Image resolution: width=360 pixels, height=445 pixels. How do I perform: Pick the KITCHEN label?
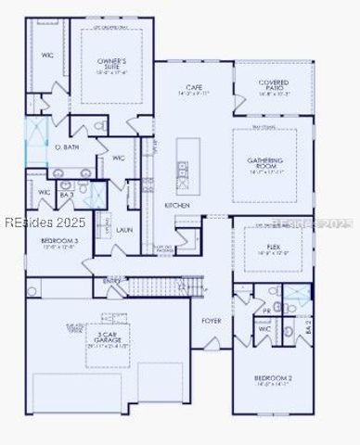[177, 204]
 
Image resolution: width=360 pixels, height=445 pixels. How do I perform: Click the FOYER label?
[212, 321]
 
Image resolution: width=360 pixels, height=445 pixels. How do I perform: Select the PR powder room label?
[267, 311]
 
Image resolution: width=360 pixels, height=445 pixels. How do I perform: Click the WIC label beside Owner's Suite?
[46, 56]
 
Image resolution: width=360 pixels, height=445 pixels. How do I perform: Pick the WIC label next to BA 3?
[44, 192]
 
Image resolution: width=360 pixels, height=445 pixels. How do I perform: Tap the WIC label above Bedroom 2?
[264, 328]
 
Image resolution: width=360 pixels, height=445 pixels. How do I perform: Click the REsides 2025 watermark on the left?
[44, 222]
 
